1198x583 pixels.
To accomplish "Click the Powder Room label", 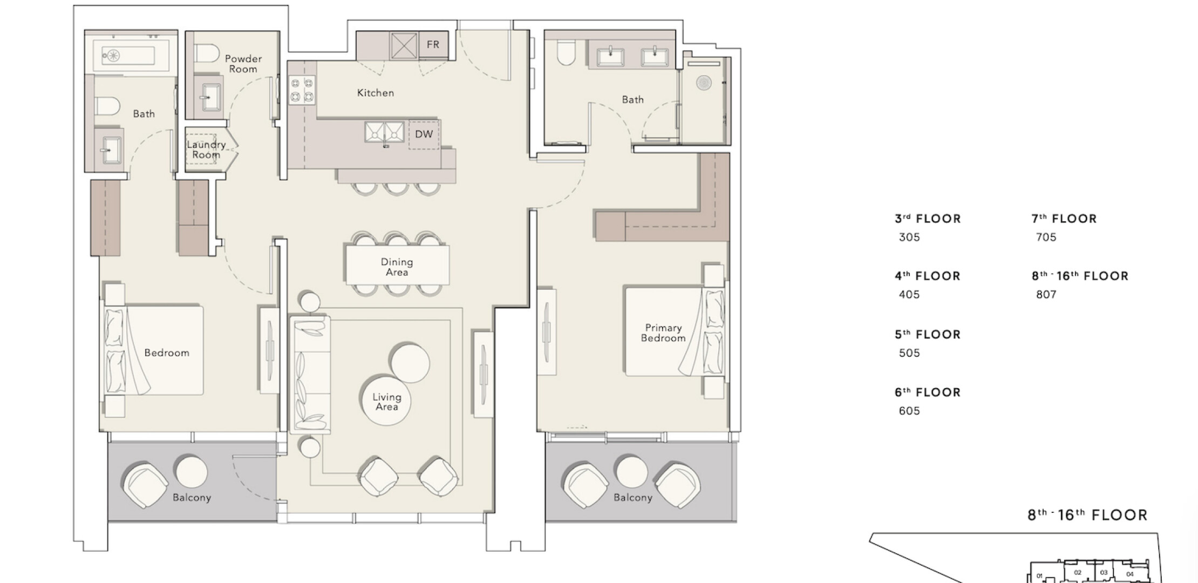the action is coord(243,64).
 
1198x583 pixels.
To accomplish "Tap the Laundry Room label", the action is coord(206,150).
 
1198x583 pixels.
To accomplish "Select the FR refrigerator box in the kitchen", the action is coord(433,45).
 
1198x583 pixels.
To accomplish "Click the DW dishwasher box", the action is coord(424,134).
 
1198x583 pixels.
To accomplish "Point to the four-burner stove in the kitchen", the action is coord(302,90).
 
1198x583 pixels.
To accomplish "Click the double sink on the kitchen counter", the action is coord(384,132).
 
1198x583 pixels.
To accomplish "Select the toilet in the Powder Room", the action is coord(206,54).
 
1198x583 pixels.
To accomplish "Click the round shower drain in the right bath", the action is coord(703,83).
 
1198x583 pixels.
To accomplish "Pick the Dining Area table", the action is coord(397,265).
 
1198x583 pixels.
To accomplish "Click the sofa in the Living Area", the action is coord(310,375).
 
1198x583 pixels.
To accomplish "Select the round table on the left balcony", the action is coord(192,472).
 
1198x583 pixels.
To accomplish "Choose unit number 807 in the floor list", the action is coord(1046,295).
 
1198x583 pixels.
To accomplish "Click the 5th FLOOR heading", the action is coord(928,334).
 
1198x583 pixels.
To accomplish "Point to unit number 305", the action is coord(909,238).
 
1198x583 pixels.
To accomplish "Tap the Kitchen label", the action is coord(376,93).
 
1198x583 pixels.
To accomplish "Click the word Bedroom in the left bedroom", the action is coord(167,353).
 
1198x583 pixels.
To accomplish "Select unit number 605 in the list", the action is coord(909,411).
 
